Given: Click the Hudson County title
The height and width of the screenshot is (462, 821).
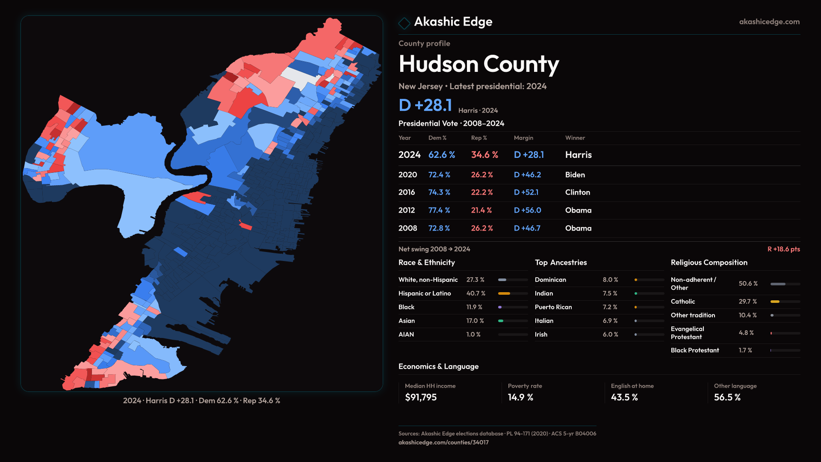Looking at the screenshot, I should click(478, 64).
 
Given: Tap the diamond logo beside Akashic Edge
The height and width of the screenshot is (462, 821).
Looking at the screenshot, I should click(404, 23).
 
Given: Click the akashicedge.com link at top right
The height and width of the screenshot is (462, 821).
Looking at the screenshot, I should click(769, 22).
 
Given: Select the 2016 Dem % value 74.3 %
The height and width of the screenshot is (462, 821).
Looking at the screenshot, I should click(439, 192).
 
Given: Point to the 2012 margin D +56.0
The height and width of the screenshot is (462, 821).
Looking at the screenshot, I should click(527, 210).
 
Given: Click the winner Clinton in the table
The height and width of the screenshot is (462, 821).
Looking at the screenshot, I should click(577, 192).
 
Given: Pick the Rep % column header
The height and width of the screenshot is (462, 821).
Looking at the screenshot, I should click(479, 138).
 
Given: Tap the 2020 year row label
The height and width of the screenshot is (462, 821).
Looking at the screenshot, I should click(408, 175).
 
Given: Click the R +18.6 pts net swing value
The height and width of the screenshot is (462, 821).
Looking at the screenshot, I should click(783, 249).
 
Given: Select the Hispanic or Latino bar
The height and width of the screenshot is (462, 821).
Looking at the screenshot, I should click(512, 293).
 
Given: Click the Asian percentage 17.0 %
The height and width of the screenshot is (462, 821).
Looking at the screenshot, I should click(475, 321).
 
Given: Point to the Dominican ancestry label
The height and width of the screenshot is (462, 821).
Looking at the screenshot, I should click(550, 280).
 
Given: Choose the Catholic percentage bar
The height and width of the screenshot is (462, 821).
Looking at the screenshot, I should click(785, 302).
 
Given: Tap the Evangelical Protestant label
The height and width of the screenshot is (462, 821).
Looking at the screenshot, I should click(687, 333).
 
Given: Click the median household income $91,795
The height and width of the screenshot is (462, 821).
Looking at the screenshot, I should click(421, 397).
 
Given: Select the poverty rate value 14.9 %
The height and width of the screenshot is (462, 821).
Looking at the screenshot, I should click(520, 397).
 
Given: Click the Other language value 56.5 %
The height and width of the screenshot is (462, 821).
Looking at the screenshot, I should click(727, 397).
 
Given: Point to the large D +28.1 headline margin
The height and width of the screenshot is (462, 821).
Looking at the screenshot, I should click(425, 105).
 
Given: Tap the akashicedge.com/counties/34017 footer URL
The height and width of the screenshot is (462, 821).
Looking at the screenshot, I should click(443, 442).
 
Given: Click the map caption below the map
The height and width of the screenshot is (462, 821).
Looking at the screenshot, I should click(201, 401).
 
